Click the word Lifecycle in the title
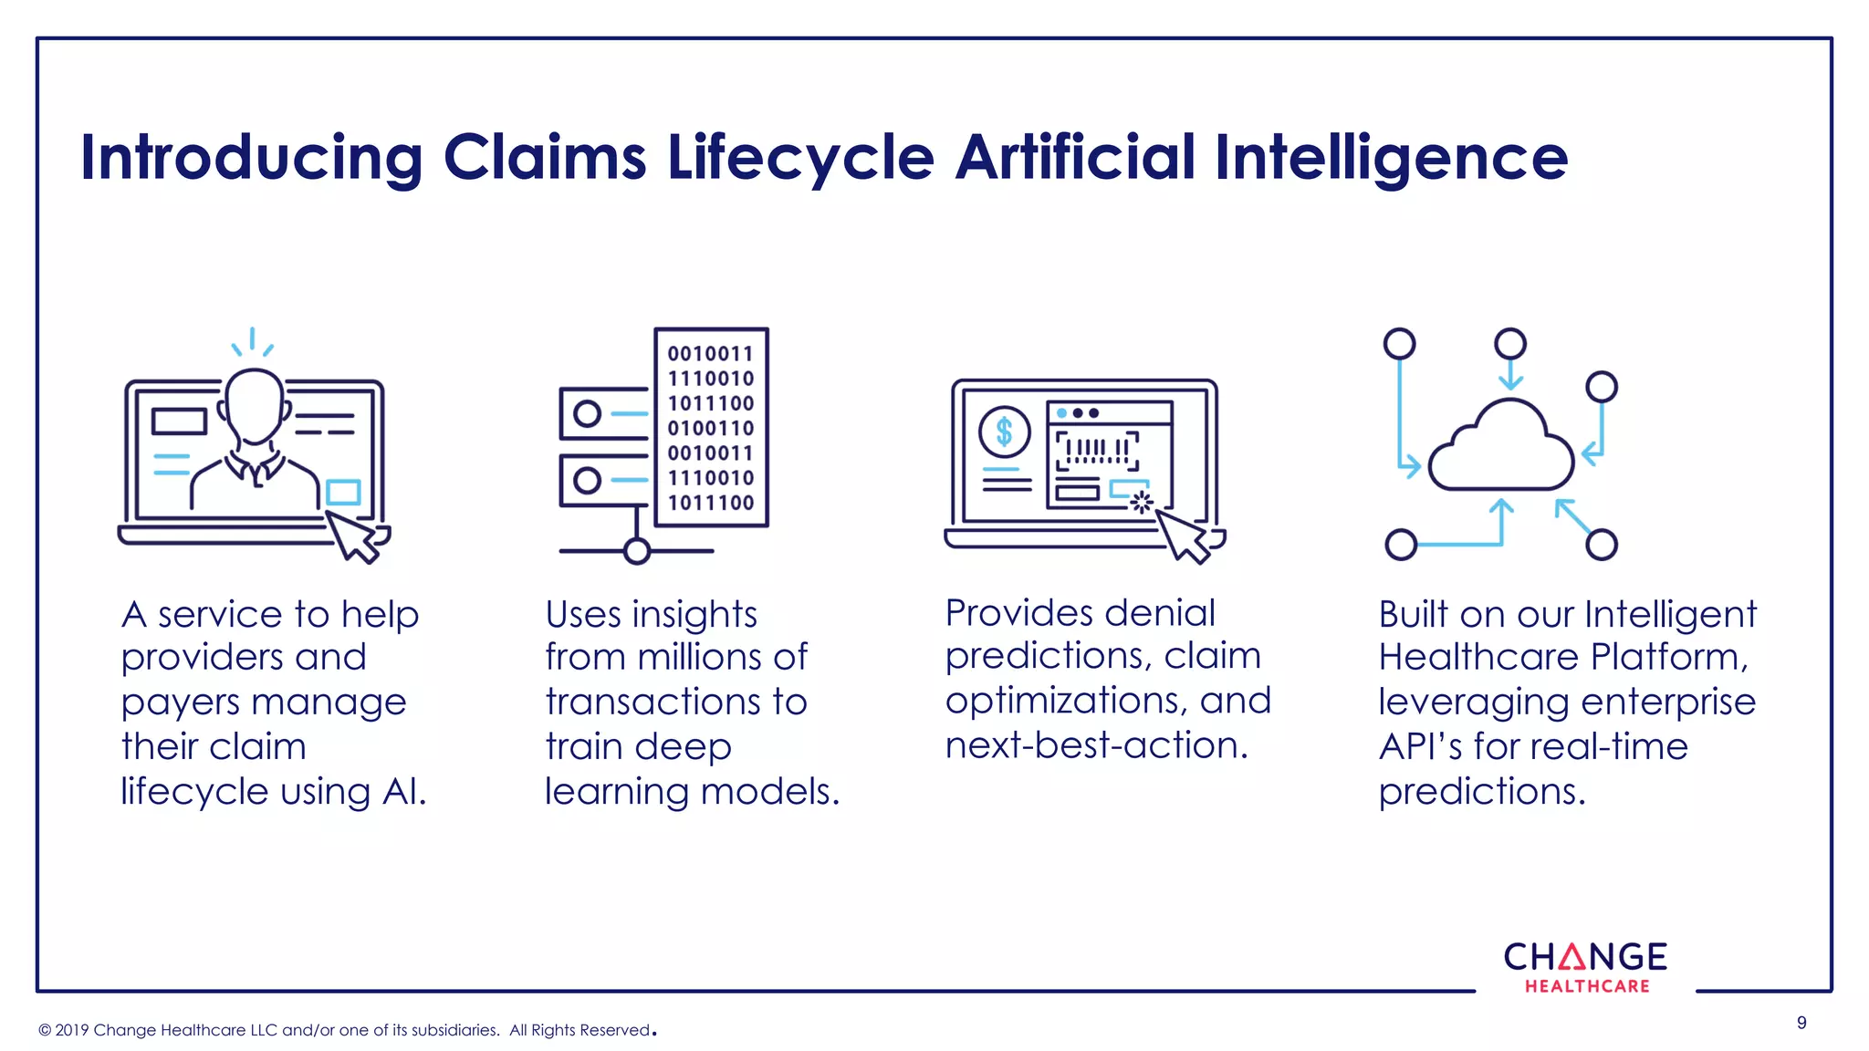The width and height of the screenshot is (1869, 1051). [800, 158]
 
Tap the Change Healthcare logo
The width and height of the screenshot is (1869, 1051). [1585, 967]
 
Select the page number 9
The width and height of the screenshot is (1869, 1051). [1801, 1023]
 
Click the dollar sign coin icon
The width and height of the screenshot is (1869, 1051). [1004, 432]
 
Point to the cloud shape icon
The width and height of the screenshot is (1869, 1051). [1501, 450]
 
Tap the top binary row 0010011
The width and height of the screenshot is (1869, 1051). [711, 354]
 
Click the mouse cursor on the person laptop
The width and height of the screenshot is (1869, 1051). [353, 537]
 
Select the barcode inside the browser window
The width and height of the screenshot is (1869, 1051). [1098, 451]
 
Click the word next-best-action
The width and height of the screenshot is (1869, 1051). [1095, 746]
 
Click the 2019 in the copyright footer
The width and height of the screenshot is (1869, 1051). [72, 1030]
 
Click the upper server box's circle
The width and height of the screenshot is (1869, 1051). [587, 414]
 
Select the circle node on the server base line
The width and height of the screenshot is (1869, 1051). [637, 551]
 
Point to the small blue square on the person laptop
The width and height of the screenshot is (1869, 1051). [343, 493]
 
